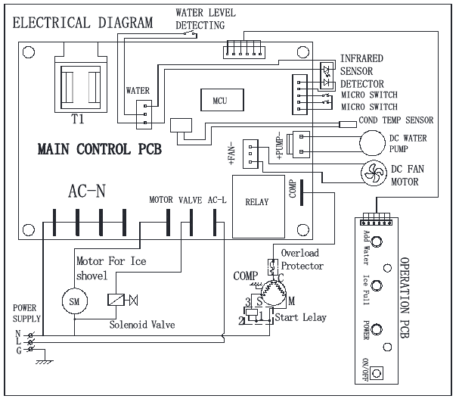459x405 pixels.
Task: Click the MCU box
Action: tap(222, 100)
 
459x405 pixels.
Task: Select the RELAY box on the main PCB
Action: tap(259, 207)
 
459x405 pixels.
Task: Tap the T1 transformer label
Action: tap(78, 119)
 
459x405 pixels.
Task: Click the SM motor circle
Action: tap(75, 301)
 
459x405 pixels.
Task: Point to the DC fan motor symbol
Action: tap(374, 173)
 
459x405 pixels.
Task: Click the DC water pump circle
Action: tap(372, 143)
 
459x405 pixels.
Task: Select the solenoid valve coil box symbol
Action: tap(116, 300)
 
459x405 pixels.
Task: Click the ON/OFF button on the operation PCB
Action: tap(377, 373)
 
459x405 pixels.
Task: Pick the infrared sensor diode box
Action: tap(327, 75)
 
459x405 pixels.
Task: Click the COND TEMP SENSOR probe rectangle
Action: tap(348, 124)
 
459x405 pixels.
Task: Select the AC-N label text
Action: tap(87, 191)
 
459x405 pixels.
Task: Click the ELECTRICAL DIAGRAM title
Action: tap(83, 23)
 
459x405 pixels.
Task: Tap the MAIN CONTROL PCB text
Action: tap(100, 149)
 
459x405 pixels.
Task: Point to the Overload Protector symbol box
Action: tap(273, 267)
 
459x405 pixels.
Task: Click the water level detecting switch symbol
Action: tap(191, 34)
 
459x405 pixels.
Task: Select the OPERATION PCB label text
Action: tap(405, 298)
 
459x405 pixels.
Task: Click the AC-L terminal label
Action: tap(217, 200)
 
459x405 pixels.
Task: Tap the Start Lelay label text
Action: tap(301, 317)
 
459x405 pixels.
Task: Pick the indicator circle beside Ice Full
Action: tap(377, 285)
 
